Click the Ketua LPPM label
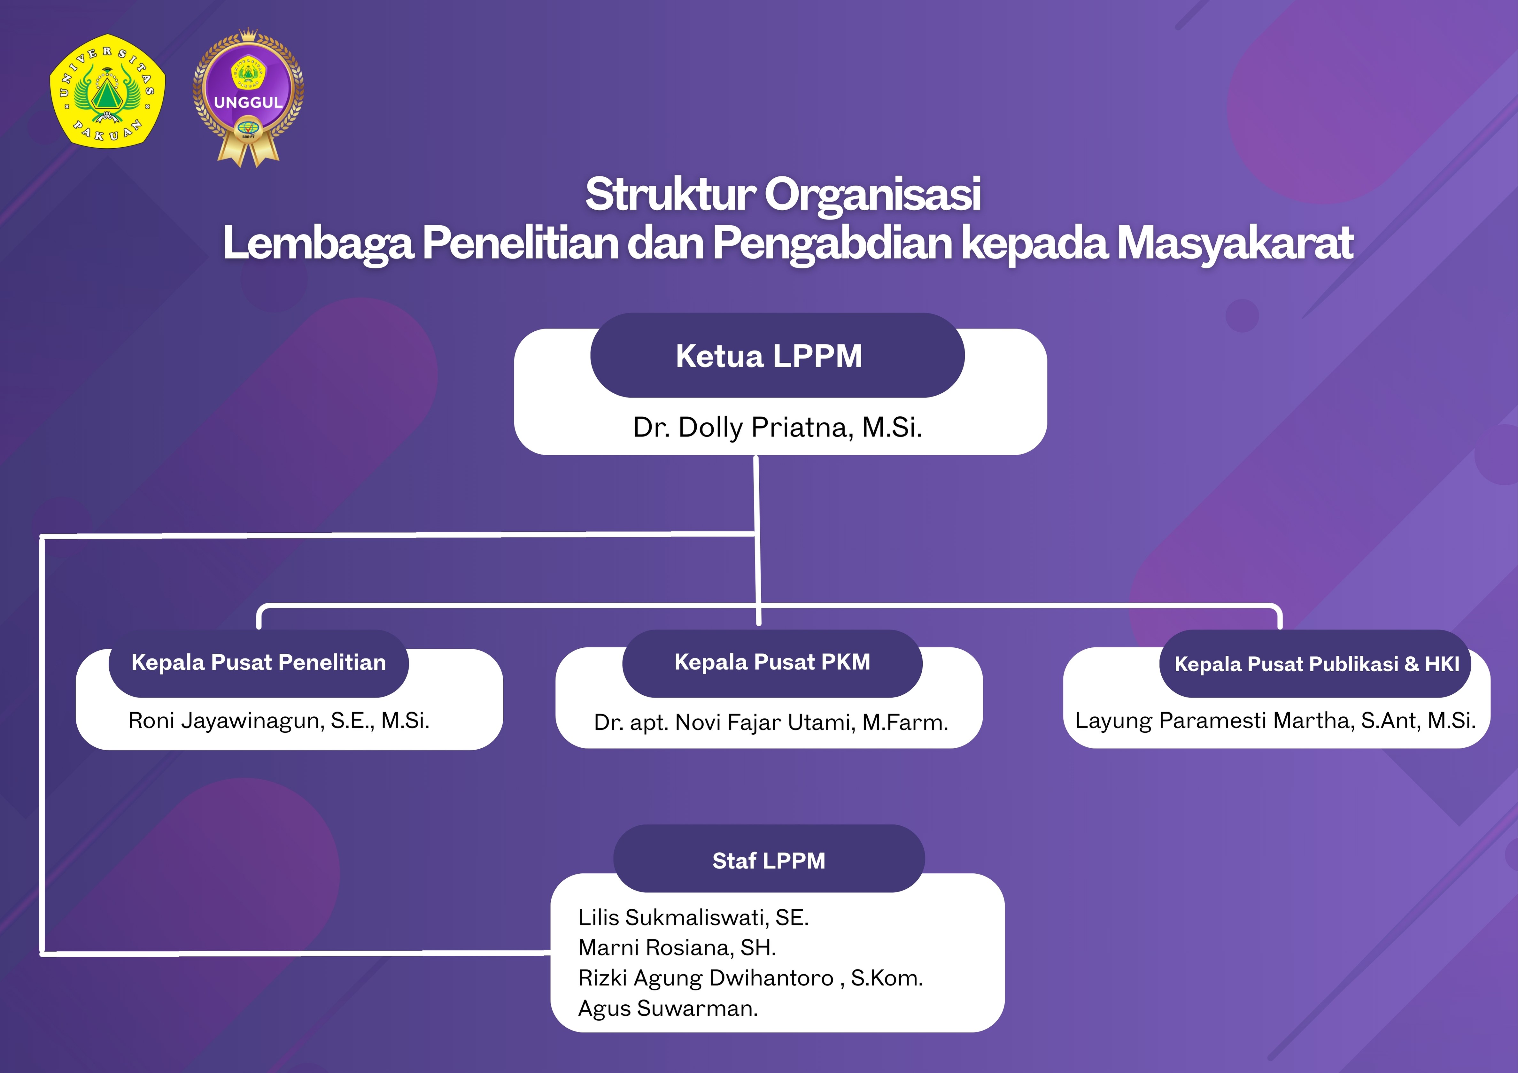click(x=769, y=356)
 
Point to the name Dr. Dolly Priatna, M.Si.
click(x=778, y=428)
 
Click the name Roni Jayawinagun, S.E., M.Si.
click(x=279, y=721)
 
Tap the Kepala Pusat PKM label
click(x=772, y=662)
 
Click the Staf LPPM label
click(x=769, y=861)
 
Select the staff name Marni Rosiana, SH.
click(x=677, y=948)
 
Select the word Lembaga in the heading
click(x=319, y=243)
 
